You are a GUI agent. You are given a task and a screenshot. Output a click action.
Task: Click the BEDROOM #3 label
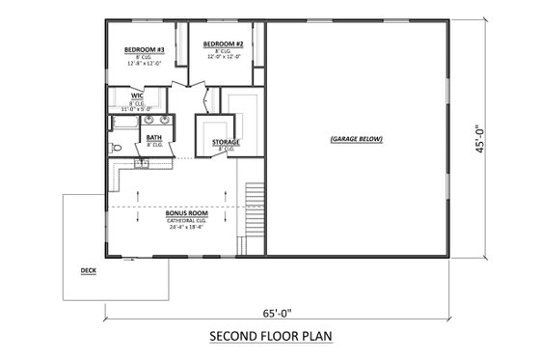point(142,49)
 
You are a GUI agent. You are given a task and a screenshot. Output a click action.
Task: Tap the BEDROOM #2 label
point(222,44)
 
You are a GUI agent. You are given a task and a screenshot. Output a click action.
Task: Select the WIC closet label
point(138,97)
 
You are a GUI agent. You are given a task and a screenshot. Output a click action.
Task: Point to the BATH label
point(153,138)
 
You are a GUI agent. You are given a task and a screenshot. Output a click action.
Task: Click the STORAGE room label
point(227,143)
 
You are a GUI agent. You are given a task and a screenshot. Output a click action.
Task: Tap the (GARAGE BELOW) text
point(356,139)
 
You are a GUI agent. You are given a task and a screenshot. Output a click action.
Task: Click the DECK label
point(89,271)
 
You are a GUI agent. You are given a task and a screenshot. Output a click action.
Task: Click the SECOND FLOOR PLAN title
point(270,338)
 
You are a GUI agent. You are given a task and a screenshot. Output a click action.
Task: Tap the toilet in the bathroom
point(115,148)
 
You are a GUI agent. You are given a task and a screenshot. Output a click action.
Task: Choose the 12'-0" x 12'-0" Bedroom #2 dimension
point(222,58)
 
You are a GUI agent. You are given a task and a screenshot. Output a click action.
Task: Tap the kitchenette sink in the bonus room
point(142,163)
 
